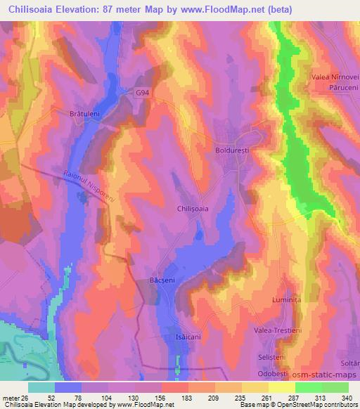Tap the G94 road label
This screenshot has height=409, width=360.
(x=143, y=92)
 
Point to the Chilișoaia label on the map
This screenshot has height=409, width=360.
(x=192, y=209)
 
